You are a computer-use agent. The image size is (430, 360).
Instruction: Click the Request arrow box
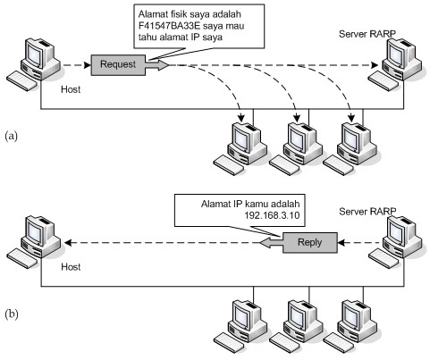point(119,64)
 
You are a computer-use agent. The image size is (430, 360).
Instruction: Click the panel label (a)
point(12,136)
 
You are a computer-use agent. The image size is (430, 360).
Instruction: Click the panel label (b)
point(12,314)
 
